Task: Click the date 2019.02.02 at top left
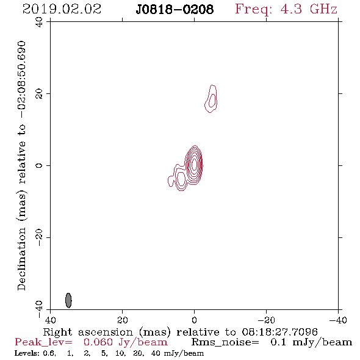point(62,9)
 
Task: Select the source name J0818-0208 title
point(175,10)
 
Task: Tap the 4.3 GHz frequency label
point(309,9)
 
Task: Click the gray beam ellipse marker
point(68,300)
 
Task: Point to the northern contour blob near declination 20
point(211,99)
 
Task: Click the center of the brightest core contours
point(194,164)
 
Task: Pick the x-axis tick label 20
point(122,320)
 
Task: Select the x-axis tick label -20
point(266,320)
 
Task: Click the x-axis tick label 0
point(194,320)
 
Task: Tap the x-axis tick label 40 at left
point(50,320)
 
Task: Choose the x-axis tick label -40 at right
point(338,320)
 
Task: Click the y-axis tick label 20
point(39,94)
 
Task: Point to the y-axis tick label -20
point(39,237)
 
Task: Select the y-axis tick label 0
point(39,165)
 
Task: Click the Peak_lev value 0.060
point(98,342)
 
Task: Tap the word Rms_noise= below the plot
point(225,342)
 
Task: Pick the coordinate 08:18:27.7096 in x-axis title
point(279,332)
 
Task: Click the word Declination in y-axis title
point(21,259)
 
